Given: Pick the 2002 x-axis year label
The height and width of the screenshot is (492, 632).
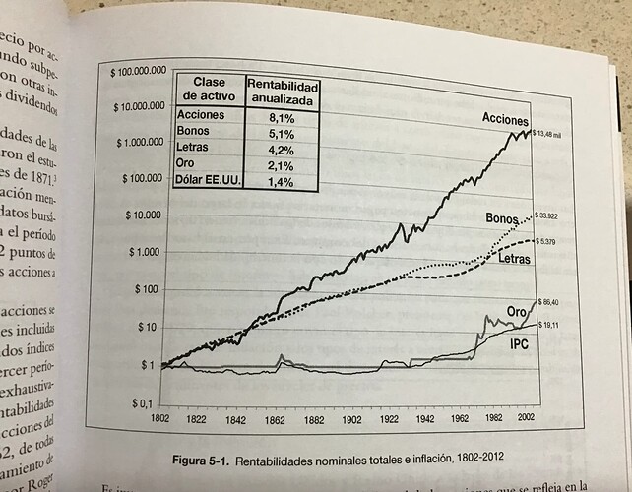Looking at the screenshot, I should tap(521, 416).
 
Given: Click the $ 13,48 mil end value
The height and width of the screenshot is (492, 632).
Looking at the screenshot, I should tap(549, 133).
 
